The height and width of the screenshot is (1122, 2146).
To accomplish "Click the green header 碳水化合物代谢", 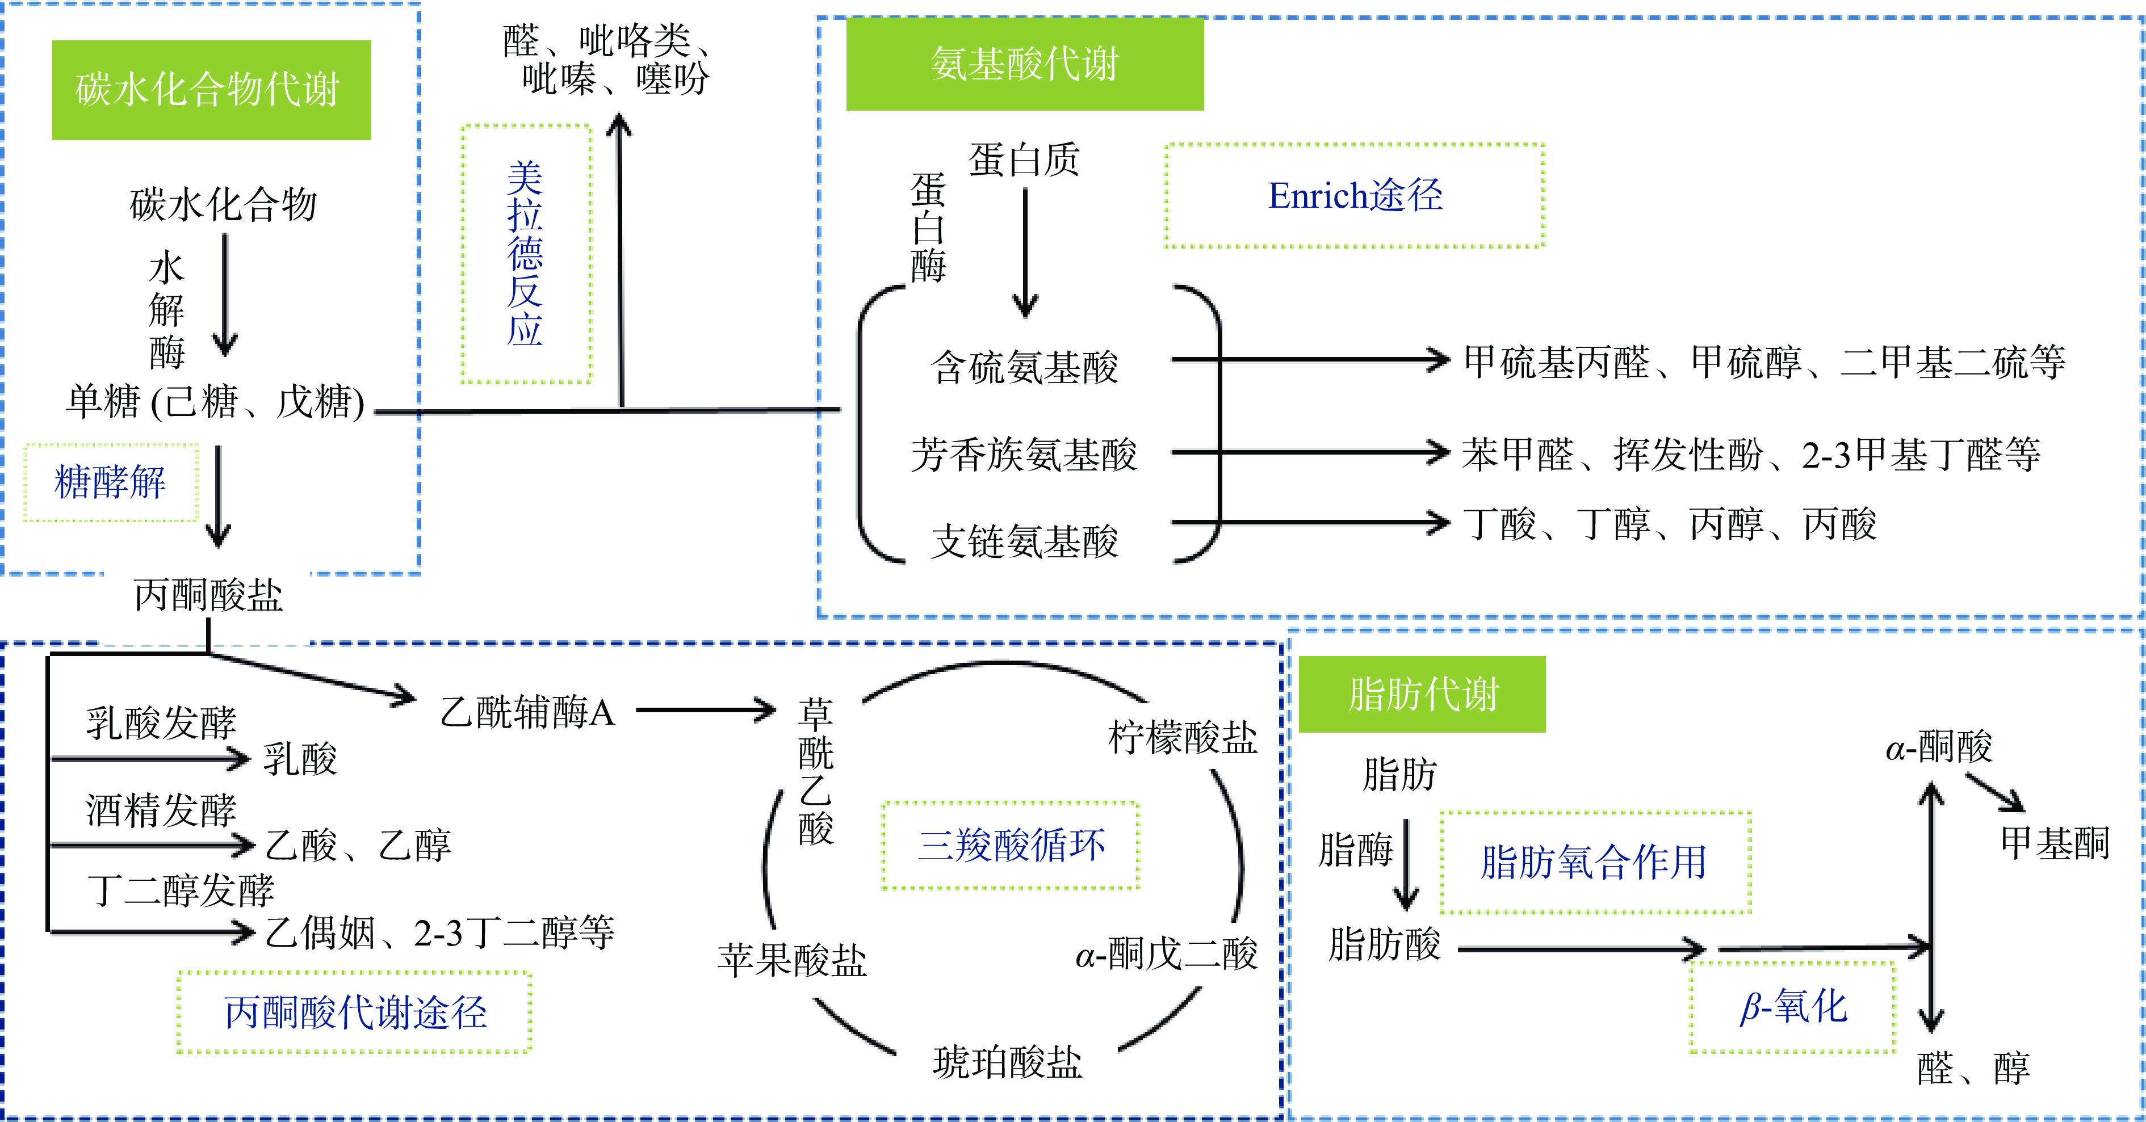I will [x=211, y=90].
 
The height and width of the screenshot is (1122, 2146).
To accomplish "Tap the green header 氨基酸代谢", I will [x=1025, y=64].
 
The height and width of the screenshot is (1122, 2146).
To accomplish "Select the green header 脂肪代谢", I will [x=1422, y=694].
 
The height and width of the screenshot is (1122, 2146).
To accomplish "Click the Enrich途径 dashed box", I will [x=1355, y=196].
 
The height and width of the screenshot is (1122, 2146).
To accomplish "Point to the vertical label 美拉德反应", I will [x=526, y=254].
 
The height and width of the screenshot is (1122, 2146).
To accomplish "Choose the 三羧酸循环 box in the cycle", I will [x=1011, y=846].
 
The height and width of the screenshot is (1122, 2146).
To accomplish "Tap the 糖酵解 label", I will [x=110, y=482].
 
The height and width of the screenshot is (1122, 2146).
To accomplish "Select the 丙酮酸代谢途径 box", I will [x=355, y=1012].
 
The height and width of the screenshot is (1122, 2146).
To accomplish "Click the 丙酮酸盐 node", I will [x=208, y=595].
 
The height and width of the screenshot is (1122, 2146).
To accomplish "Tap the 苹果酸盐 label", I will [x=792, y=960].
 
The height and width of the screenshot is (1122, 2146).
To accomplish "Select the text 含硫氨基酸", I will [x=1025, y=367].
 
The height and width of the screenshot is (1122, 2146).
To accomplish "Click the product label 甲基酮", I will [x=2055, y=843].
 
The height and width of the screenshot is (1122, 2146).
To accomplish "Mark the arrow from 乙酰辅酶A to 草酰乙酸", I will [x=705, y=711].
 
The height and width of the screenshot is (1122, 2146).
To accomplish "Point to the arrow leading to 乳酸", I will [x=150, y=759].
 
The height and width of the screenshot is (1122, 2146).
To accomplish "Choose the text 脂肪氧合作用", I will [x=1594, y=862].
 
